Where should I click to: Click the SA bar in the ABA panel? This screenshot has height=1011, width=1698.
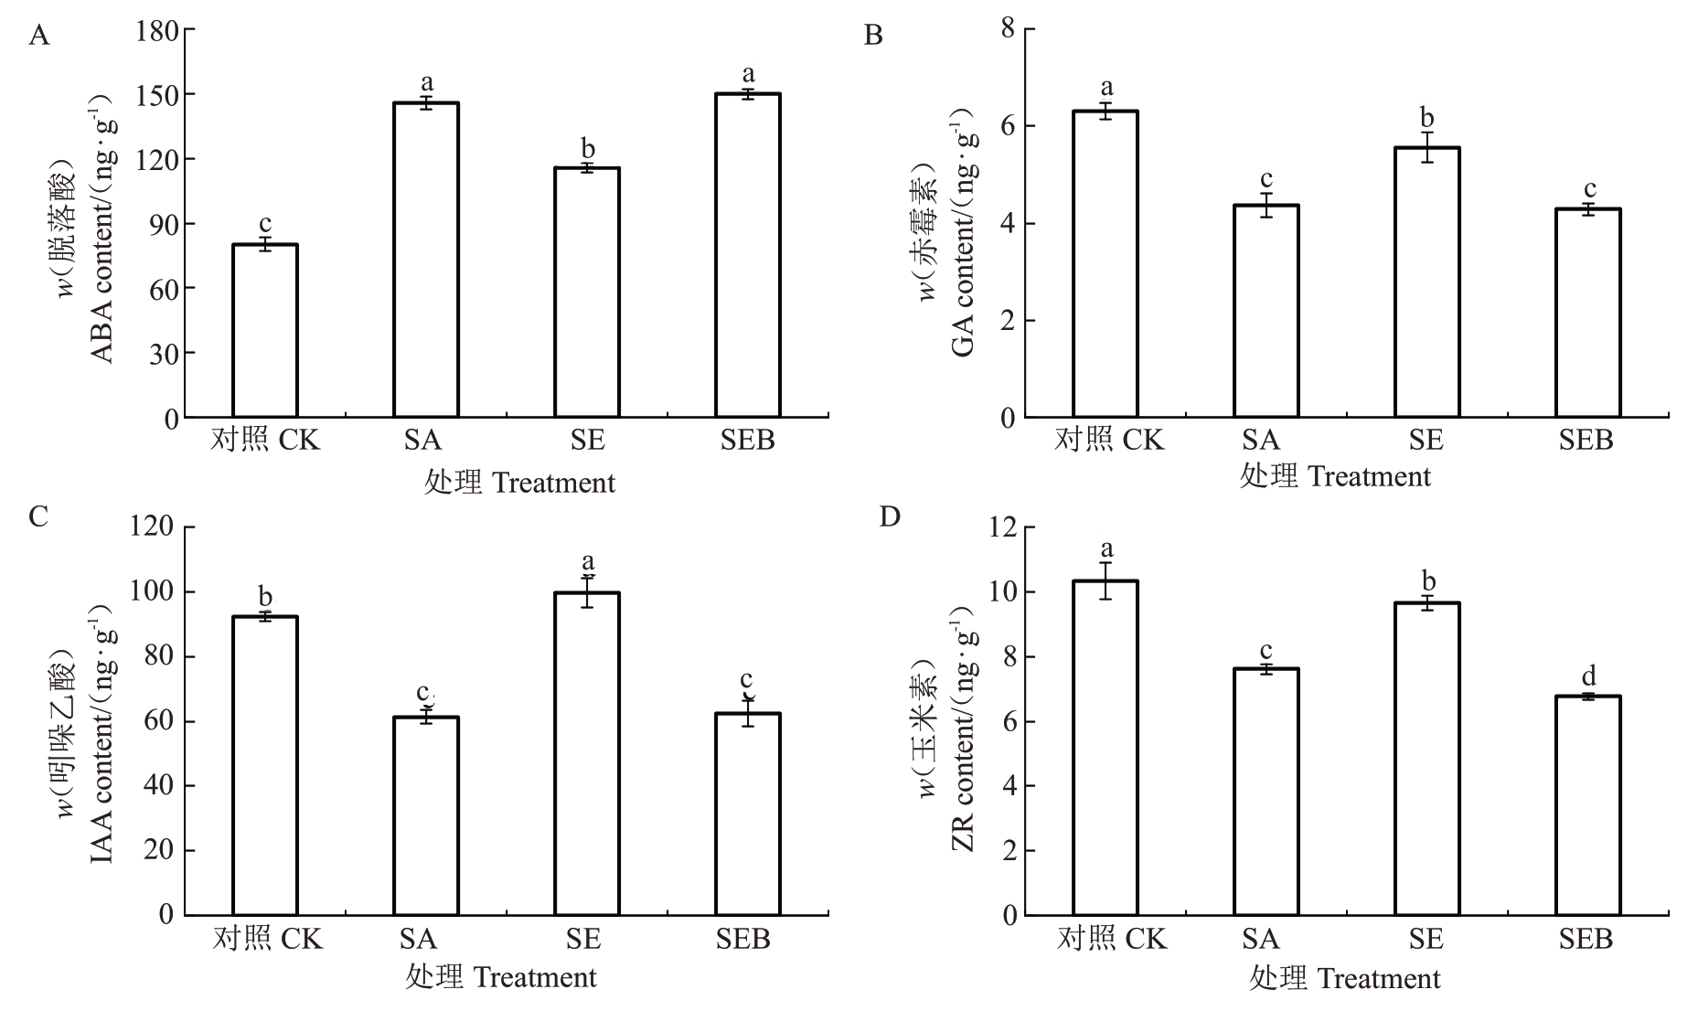426,261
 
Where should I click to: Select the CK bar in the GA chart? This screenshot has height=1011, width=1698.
1105,265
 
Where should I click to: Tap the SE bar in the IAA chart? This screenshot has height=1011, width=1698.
587,754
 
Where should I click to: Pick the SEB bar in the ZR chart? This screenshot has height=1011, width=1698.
1588,805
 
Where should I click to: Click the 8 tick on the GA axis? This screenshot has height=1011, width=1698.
1008,29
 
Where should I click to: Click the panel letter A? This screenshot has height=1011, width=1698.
38,36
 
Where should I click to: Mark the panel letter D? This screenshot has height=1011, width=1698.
889,517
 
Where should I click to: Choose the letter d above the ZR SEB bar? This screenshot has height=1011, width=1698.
1589,676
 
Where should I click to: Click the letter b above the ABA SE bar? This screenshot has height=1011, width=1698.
588,149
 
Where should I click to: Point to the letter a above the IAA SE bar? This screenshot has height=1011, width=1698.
588,560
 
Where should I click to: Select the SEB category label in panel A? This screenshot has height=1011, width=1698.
747,441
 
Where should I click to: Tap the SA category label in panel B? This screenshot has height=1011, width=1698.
1260,441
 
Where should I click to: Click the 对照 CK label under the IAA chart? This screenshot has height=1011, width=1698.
267,939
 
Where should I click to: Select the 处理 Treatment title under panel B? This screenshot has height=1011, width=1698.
1334,476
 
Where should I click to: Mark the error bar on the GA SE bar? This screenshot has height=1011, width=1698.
1426,147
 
